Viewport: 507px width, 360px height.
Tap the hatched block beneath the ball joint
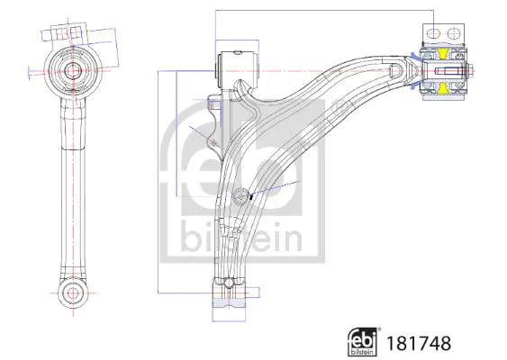(x=229, y=310)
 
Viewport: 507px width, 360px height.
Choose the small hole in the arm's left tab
(x=213, y=139)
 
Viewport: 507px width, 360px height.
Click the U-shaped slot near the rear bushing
(x=394, y=70)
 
